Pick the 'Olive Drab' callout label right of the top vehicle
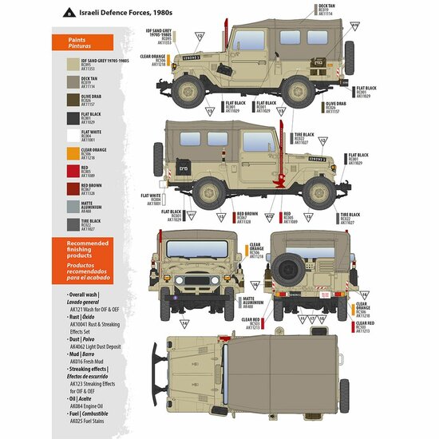[x=335, y=104]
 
